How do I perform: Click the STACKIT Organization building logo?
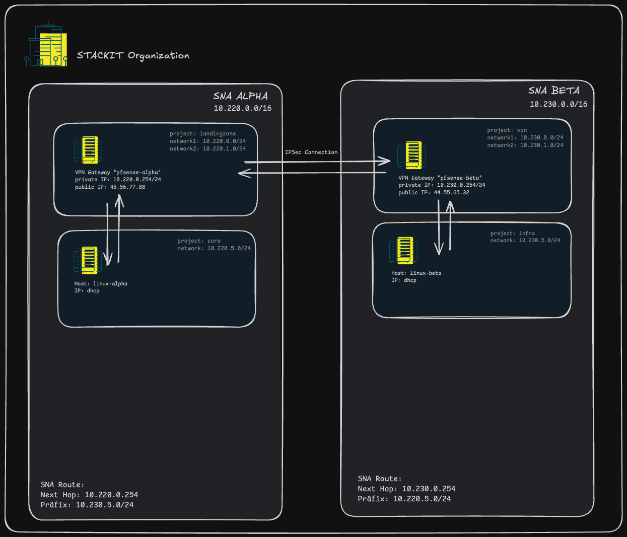pos(46,45)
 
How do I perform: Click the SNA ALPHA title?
pos(241,96)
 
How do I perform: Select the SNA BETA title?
pos(554,91)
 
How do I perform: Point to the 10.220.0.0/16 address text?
pos(243,108)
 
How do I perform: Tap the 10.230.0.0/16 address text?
pos(559,104)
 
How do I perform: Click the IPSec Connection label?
pos(311,152)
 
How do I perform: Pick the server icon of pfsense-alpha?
pos(89,150)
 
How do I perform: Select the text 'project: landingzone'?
pos(203,133)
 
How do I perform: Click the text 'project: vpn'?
pos(507,130)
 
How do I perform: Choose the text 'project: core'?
pos(199,241)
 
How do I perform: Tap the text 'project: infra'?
pos(513,233)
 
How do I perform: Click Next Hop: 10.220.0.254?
pos(89,495)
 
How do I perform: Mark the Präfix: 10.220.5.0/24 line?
pos(404,499)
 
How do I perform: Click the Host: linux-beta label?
pos(416,273)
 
